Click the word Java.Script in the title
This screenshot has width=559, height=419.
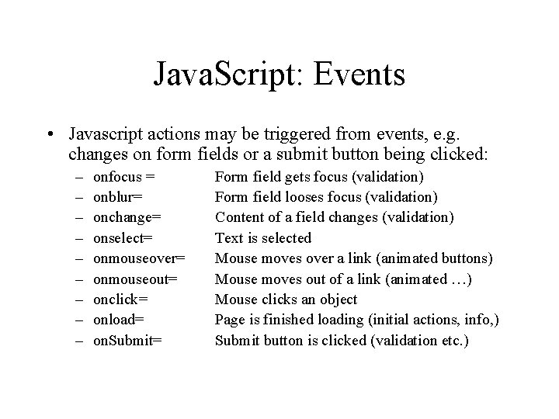[220, 75]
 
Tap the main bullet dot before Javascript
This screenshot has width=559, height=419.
[50, 134]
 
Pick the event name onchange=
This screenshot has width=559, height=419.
[128, 217]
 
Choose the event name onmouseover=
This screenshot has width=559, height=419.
[139, 258]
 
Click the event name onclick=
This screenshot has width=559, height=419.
[120, 299]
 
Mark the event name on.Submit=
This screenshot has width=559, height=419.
[127, 339]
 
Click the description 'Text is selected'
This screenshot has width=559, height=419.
[262, 237]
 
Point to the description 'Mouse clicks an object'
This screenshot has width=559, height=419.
[286, 299]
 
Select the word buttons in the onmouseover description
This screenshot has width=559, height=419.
[467, 258]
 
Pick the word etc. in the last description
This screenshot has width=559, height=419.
[450, 339]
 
